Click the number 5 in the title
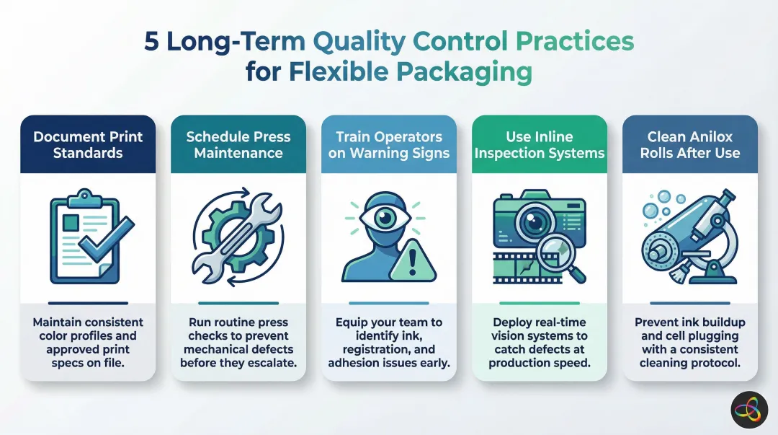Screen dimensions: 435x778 (152, 42)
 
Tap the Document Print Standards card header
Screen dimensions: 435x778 (88, 144)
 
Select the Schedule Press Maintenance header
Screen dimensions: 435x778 (238, 144)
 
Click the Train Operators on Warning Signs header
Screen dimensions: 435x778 (389, 144)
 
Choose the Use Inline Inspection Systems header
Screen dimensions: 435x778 (539, 144)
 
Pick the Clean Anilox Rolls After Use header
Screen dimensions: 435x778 (689, 144)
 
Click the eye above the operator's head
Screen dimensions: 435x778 (389, 216)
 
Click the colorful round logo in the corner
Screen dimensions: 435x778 (750, 410)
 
